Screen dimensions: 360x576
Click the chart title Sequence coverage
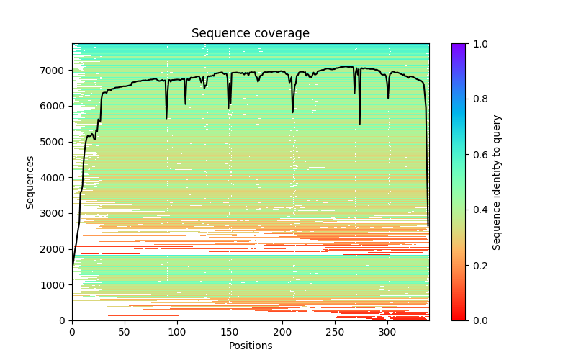point(250,33)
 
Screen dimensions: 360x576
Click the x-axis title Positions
point(250,346)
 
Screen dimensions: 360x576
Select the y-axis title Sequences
point(30,182)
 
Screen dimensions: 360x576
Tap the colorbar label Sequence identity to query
point(496,182)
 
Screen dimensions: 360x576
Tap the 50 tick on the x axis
point(125,331)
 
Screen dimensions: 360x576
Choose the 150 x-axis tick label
point(230,331)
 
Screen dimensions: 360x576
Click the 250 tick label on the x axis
point(335,331)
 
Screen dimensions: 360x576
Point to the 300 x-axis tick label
point(387,331)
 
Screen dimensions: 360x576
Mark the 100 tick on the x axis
point(177,331)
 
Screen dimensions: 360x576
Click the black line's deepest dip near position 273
point(360,124)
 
